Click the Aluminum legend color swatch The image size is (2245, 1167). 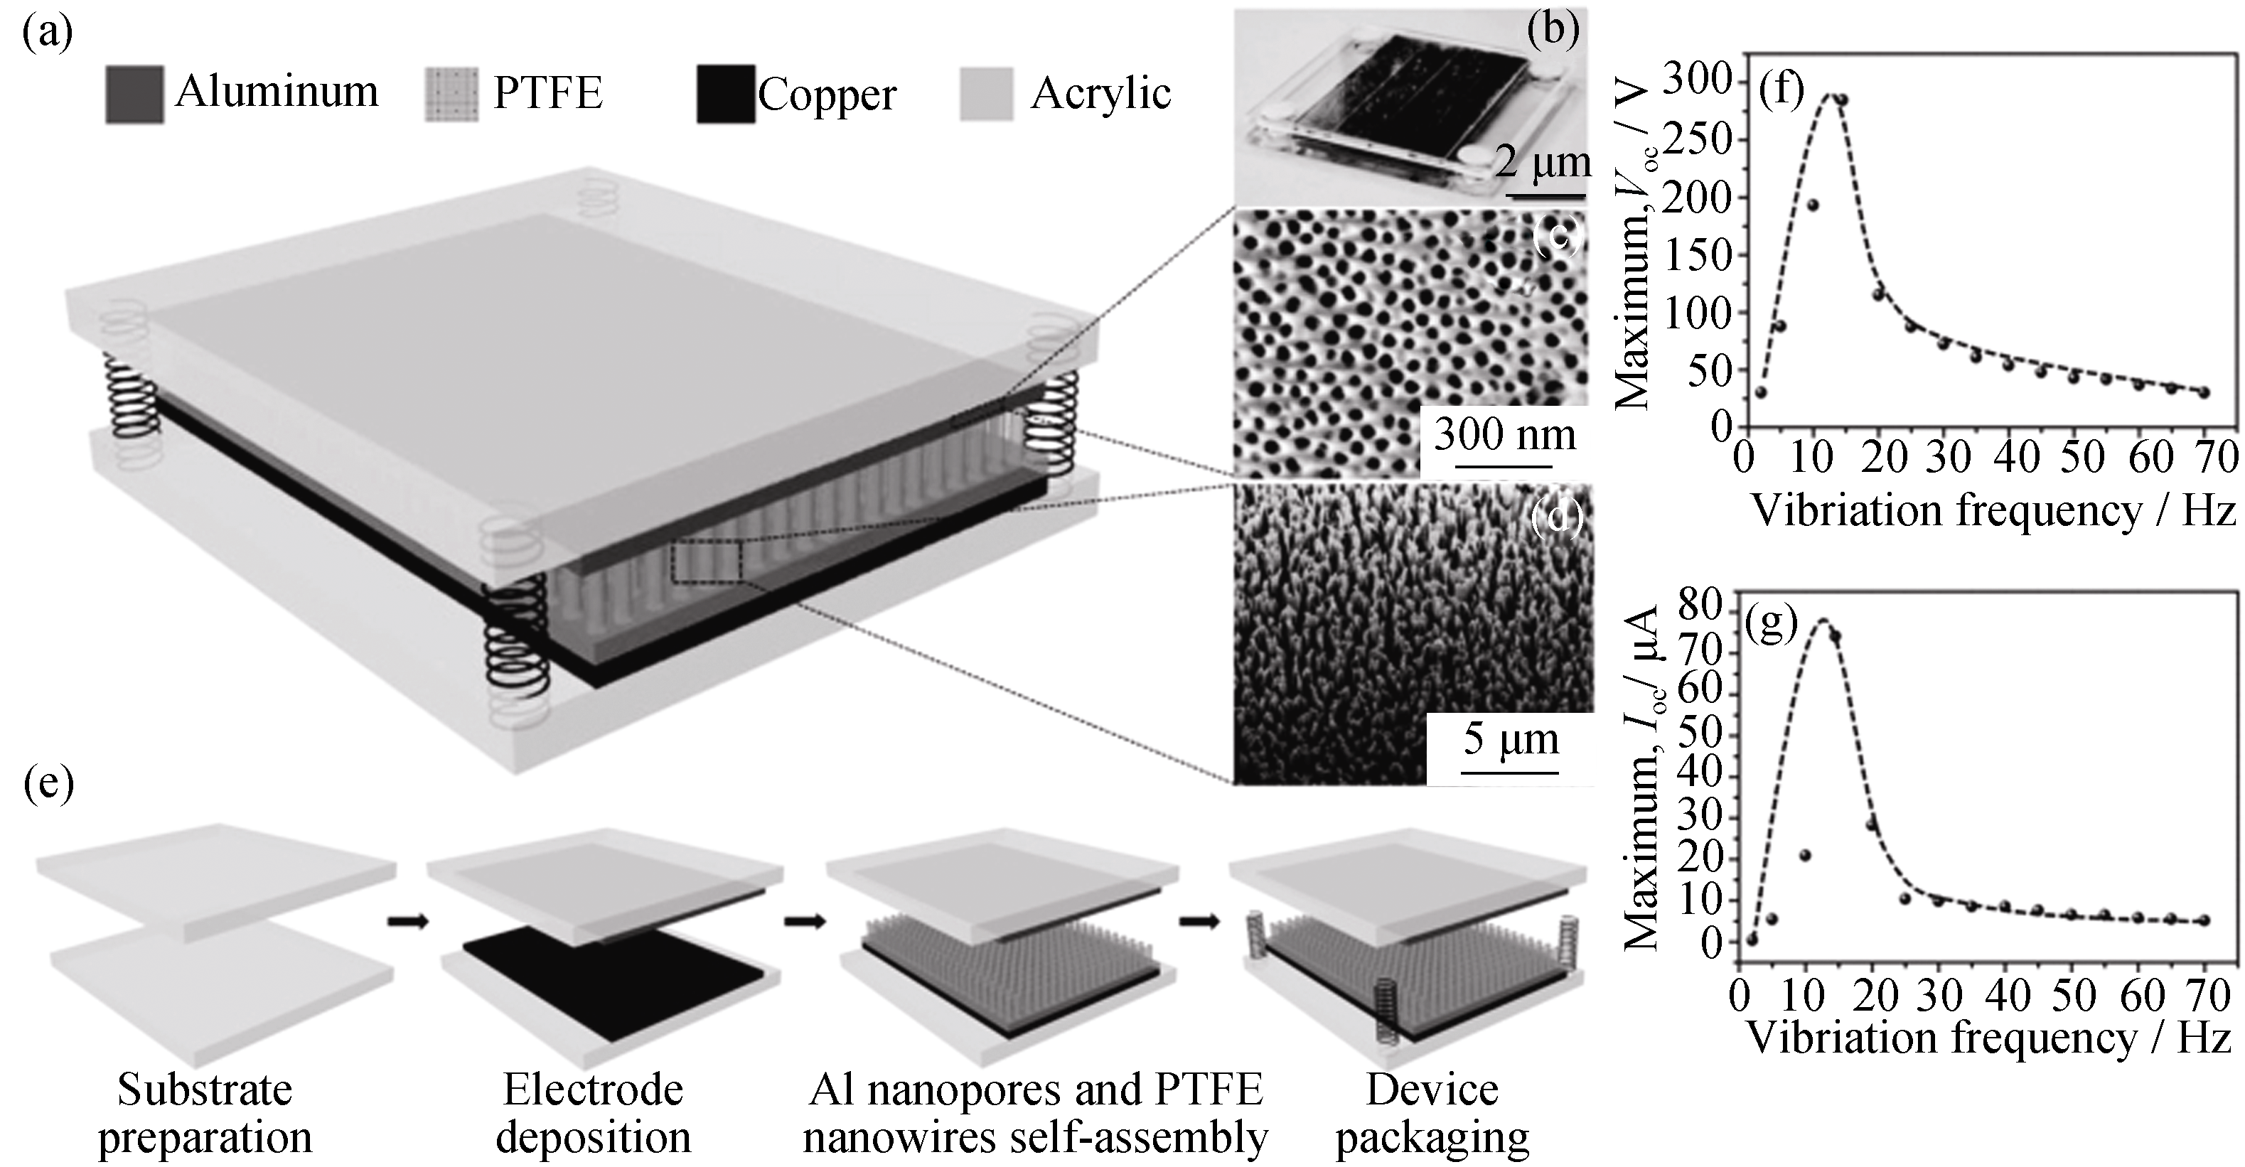pos(134,94)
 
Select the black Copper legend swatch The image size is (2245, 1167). pos(725,94)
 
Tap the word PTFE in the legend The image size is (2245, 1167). pos(547,92)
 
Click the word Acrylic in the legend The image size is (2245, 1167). pos(1100,92)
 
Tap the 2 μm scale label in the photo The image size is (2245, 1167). pos(1543,161)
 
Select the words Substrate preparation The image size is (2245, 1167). pos(205,1114)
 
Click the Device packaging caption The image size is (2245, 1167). pos(1432,1114)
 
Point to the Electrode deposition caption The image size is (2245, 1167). pos(593,1114)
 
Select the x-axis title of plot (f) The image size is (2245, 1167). pos(1993,511)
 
